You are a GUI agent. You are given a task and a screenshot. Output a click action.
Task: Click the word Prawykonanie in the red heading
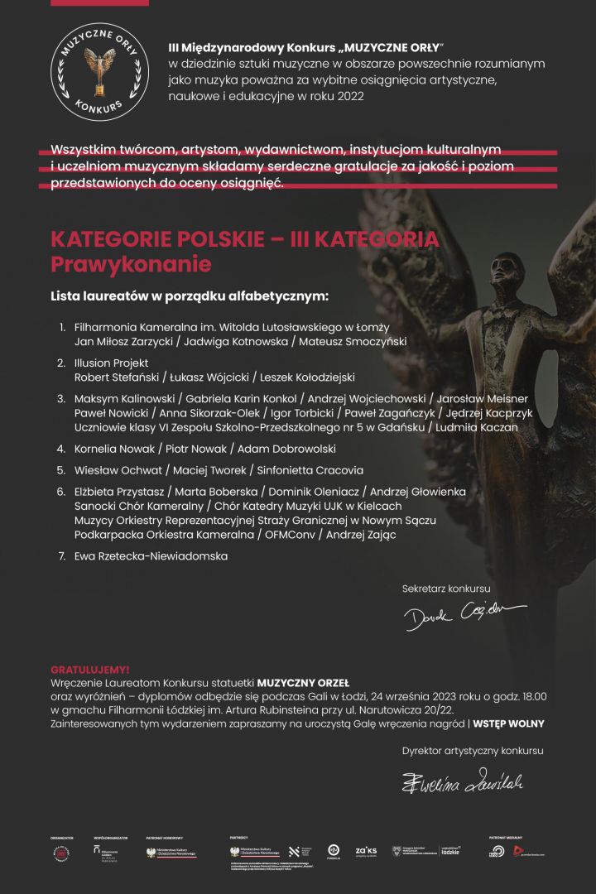[131, 265]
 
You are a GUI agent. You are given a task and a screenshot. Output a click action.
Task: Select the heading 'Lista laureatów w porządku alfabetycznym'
[190, 296]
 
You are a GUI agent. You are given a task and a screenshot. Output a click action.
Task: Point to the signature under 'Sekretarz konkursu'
[464, 613]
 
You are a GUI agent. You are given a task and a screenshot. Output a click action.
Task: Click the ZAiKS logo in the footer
[366, 850]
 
